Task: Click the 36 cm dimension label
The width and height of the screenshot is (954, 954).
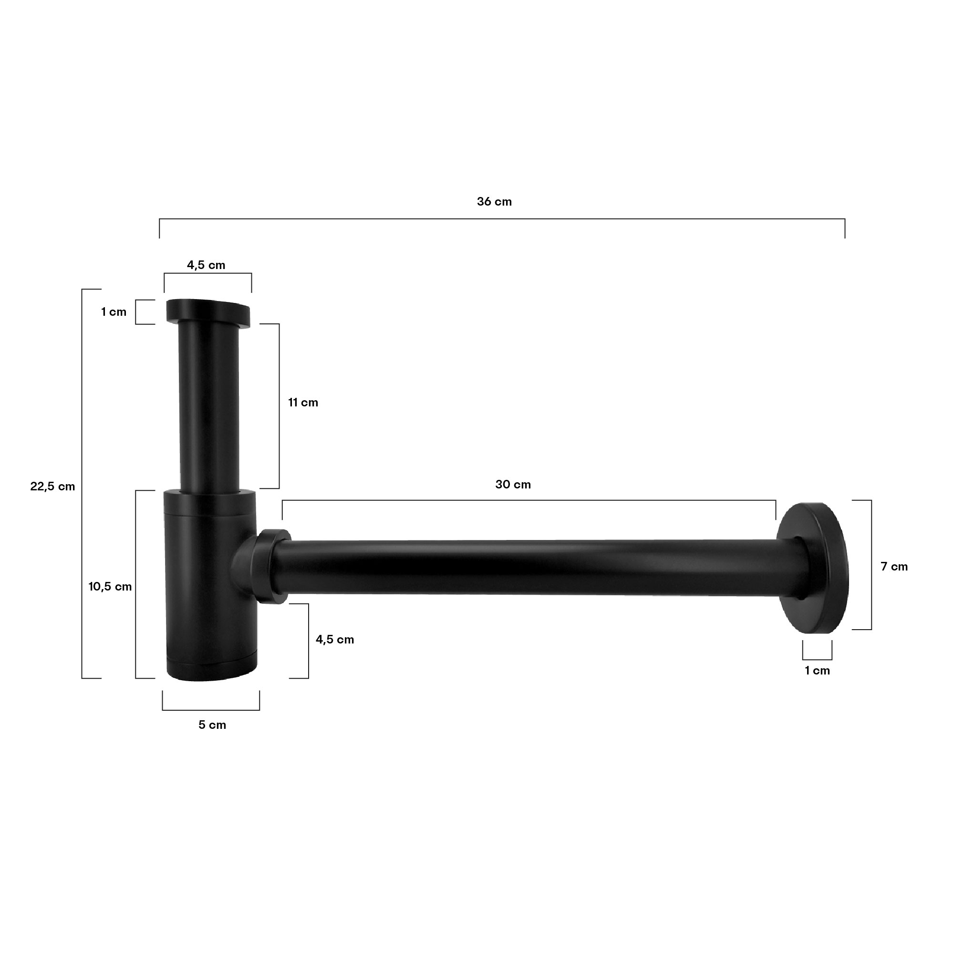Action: pyautogui.click(x=494, y=202)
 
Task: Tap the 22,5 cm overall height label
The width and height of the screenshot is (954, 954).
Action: pyautogui.click(x=52, y=487)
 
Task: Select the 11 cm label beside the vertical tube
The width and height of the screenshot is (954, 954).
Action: pyautogui.click(x=303, y=403)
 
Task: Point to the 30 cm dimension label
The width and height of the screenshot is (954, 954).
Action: pyautogui.click(x=513, y=485)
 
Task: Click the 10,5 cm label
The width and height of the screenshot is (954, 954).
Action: pyautogui.click(x=110, y=587)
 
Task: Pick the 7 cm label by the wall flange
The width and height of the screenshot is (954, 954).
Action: pyautogui.click(x=894, y=566)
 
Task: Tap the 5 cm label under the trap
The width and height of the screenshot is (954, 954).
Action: pyautogui.click(x=212, y=725)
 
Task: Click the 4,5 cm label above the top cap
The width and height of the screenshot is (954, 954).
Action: pyautogui.click(x=206, y=265)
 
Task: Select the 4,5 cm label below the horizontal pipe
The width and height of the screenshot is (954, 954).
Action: pyautogui.click(x=335, y=640)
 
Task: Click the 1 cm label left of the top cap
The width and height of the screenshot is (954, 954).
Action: pyautogui.click(x=114, y=312)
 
